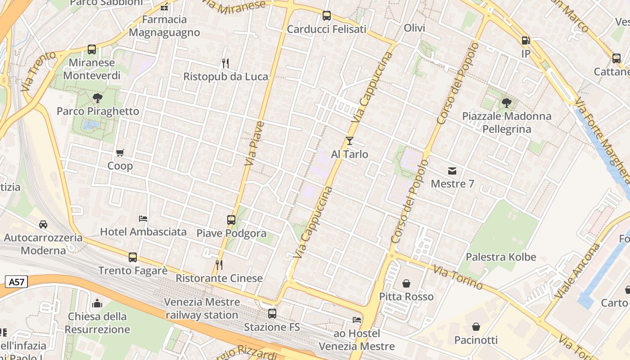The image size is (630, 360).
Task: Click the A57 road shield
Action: coord(17,282)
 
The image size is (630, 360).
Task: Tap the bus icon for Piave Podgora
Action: coord(231,220)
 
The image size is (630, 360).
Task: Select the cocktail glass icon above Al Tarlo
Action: coord(350,141)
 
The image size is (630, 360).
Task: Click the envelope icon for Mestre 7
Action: coord(452,171)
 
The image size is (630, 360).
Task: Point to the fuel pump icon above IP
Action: coord(526,40)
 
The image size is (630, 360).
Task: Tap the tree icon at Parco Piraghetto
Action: coord(97,98)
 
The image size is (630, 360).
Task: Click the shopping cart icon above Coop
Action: coord(120,153)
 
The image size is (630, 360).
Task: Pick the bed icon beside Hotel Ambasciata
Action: coord(143,219)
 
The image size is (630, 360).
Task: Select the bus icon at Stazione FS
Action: coord(272,314)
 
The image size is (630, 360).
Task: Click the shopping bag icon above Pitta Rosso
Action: coord(406,283)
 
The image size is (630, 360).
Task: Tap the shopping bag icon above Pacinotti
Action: coord(476,327)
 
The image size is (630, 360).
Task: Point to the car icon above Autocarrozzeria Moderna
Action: coord(43,224)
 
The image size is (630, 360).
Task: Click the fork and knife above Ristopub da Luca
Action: coord(225,63)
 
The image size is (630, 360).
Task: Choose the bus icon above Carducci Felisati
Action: coord(327,16)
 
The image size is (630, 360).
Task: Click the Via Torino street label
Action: coord(458,278)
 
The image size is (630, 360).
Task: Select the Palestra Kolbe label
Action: coord(501,257)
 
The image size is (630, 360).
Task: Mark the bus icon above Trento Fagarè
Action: coord(133,257)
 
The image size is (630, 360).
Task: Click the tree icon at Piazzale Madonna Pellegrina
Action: coord(507,103)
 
